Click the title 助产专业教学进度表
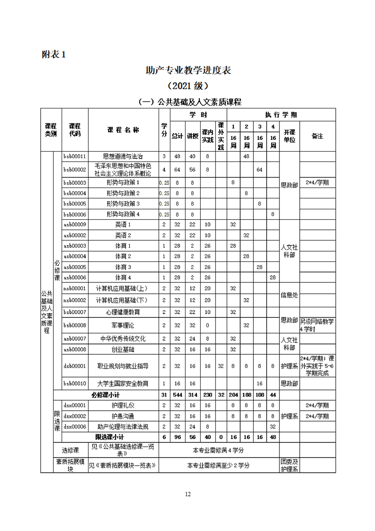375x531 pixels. tap(188, 71)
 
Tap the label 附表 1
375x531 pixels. tap(54, 54)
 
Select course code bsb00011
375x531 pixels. tap(75, 156)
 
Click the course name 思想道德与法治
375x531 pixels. tap(123, 156)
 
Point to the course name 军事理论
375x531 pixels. tap(123, 325)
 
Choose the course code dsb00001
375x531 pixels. tap(75, 366)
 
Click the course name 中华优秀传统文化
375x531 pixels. tap(123, 338)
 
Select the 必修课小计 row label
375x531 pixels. tap(106, 395)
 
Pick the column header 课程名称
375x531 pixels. tap(123, 130)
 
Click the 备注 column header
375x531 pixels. tap(317, 136)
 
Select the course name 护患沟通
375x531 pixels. tap(123, 416)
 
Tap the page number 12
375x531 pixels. tap(187, 494)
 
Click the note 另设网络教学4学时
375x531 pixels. tap(317, 325)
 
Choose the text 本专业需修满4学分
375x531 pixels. tap(219, 450)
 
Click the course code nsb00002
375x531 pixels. tap(75, 300)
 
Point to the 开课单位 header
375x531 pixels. tap(289, 136)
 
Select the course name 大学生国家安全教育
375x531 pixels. tap(123, 383)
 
